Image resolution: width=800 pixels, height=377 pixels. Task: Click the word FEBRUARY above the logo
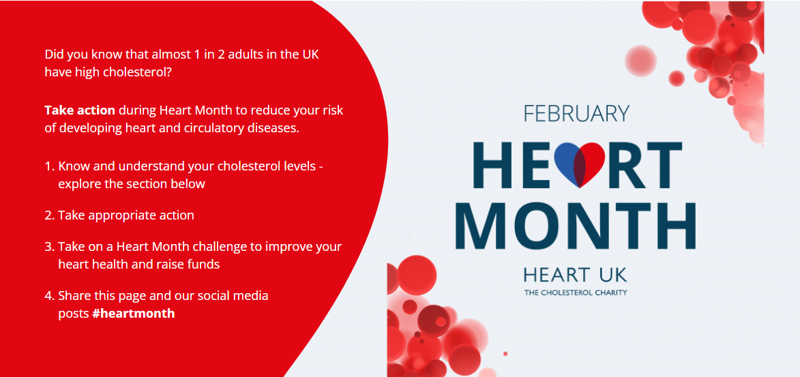(576, 113)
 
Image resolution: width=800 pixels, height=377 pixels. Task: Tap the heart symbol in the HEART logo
(579, 164)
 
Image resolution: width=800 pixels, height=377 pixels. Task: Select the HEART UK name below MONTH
(575, 275)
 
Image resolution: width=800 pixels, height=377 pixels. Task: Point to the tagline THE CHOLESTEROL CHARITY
(575, 293)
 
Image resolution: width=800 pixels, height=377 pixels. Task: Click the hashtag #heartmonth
(133, 314)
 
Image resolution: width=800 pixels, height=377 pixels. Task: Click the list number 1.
(48, 166)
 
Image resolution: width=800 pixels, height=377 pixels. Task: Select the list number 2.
(49, 215)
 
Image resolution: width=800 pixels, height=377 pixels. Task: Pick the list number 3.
(49, 247)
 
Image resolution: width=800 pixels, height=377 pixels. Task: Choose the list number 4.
(49, 296)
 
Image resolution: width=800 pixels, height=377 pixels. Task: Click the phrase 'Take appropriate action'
(126, 215)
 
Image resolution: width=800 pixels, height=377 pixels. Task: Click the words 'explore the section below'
(132, 184)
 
